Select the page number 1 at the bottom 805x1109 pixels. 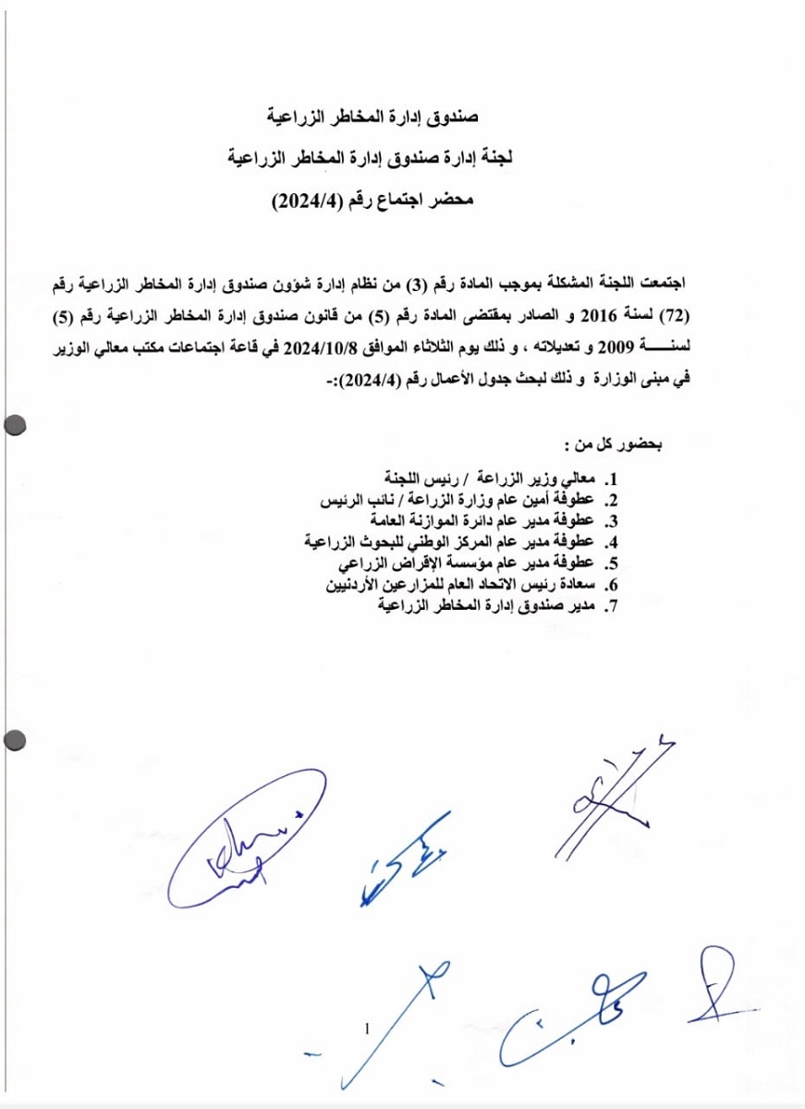click(367, 1029)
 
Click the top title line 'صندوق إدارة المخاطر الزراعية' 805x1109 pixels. click(372, 118)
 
